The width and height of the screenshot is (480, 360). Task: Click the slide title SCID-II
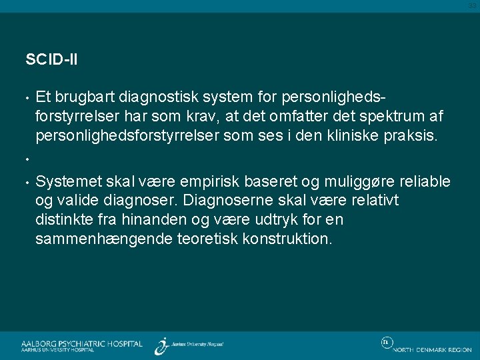[51, 59]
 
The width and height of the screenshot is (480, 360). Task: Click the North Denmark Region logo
[427, 346]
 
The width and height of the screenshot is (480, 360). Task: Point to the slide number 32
[473, 5]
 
